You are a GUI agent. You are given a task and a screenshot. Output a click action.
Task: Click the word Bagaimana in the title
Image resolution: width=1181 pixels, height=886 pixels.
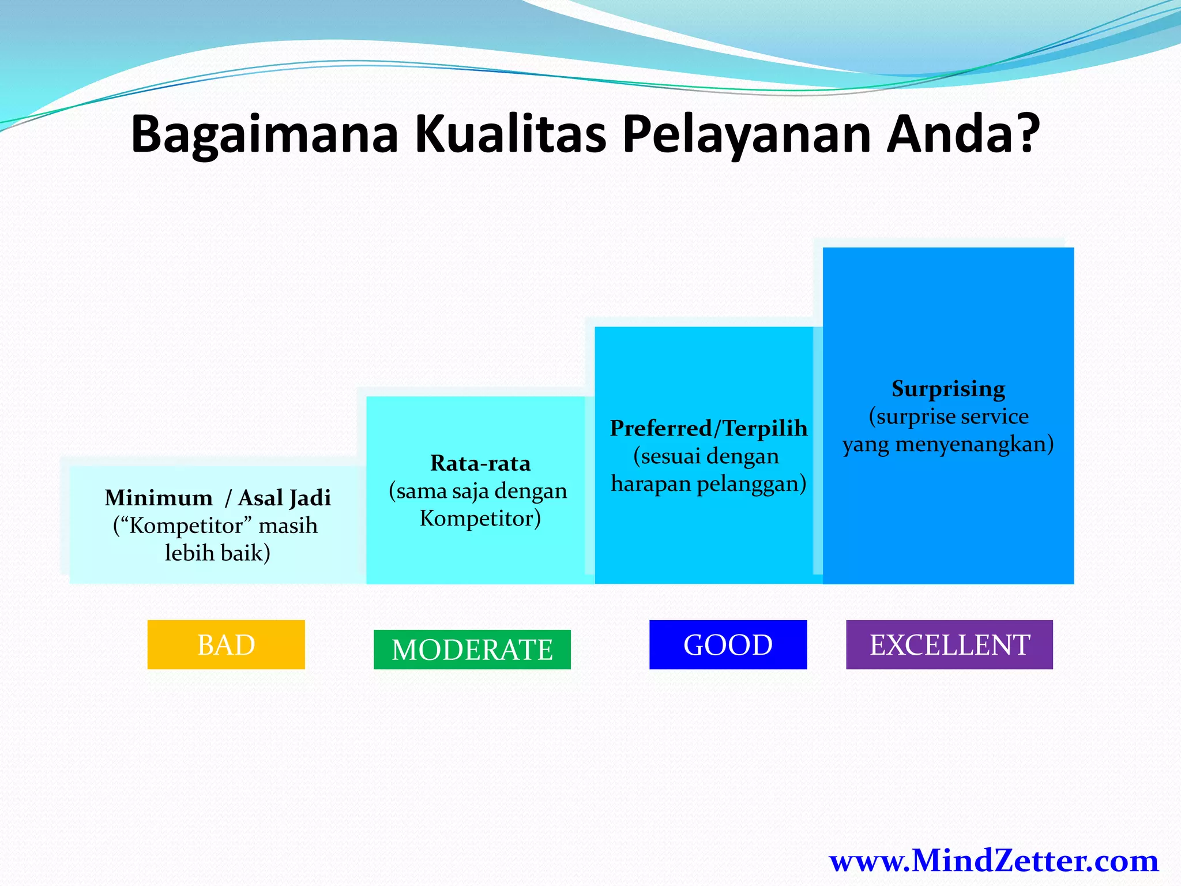click(265, 134)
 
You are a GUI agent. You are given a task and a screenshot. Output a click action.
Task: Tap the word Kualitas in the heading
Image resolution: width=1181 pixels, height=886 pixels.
click(510, 134)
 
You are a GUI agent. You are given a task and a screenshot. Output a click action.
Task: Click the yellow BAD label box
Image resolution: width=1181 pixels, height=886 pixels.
click(226, 645)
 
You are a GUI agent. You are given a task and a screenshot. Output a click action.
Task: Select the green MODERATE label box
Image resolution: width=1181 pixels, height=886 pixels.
click(472, 650)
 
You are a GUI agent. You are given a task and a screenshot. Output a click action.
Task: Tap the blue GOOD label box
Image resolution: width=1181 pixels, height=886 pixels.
click(728, 645)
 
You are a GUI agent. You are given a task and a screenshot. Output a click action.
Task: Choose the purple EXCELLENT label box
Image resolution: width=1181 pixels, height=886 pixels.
click(949, 645)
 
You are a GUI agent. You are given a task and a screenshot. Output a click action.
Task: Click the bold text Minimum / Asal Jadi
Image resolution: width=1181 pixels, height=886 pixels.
click(218, 498)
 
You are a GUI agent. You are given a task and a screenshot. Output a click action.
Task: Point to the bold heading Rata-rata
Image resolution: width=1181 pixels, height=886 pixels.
click(480, 463)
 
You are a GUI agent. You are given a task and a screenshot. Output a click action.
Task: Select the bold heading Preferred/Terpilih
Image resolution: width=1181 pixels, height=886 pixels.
click(709, 429)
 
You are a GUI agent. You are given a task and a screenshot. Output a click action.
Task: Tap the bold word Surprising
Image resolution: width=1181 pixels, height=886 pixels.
click(948, 389)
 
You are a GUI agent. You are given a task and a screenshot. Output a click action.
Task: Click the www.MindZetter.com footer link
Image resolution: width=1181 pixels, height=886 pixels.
click(994, 861)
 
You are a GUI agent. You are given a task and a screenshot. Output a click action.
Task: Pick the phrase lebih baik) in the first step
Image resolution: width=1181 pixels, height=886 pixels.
click(218, 553)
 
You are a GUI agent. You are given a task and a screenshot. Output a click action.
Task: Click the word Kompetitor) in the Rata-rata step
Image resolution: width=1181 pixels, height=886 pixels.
click(480, 519)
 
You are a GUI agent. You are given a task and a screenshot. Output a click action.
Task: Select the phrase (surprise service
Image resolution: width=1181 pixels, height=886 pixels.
click(948, 416)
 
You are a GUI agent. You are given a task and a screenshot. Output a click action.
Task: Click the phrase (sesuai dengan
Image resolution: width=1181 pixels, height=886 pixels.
click(706, 456)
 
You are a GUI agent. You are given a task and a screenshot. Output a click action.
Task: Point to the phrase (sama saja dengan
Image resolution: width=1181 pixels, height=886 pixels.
click(478, 491)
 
